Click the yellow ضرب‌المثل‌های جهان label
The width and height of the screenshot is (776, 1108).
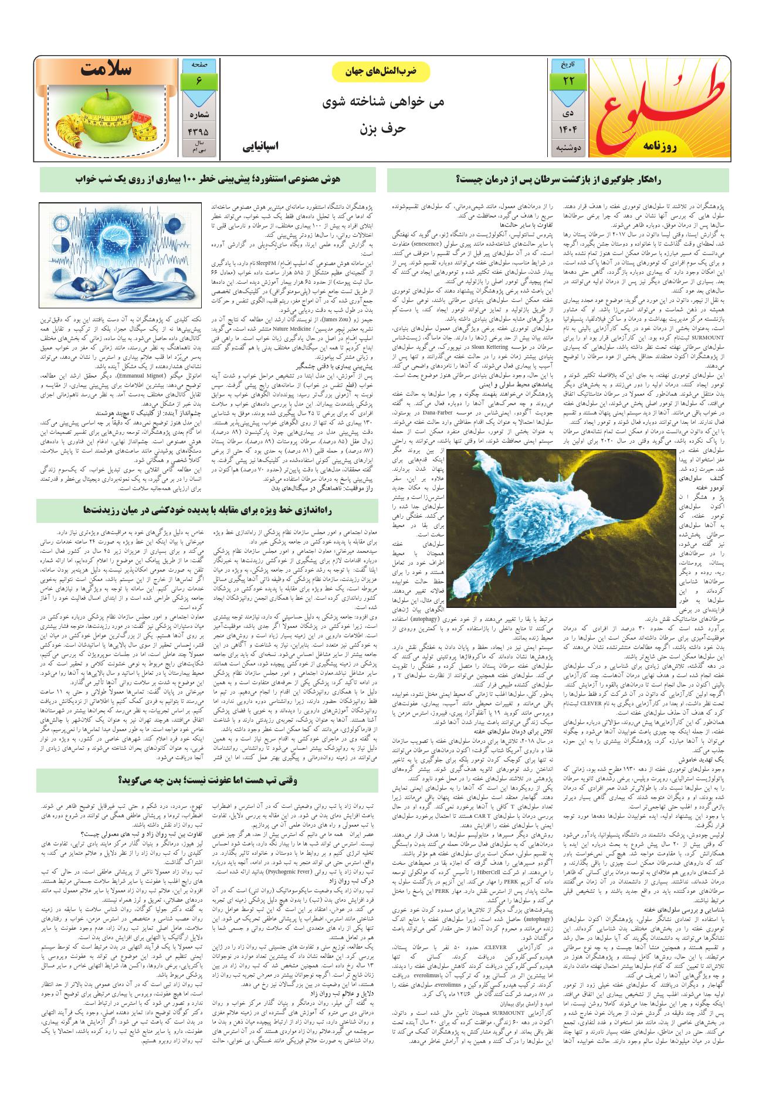(x=381, y=72)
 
